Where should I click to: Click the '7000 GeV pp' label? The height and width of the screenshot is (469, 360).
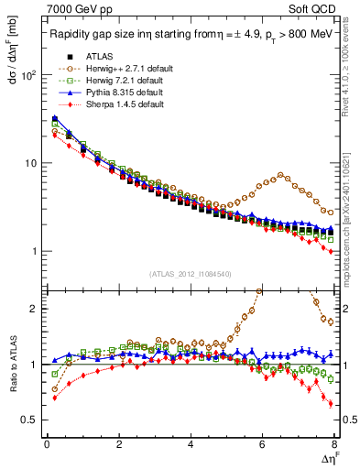pos(75,9)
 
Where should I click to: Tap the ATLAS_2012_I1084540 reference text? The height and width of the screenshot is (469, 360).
pos(191,274)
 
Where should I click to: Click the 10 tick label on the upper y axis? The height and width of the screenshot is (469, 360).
pos(30,163)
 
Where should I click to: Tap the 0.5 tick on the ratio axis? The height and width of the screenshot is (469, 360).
pos(29,420)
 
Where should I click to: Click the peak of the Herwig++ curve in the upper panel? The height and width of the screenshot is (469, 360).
pos(281,174)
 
